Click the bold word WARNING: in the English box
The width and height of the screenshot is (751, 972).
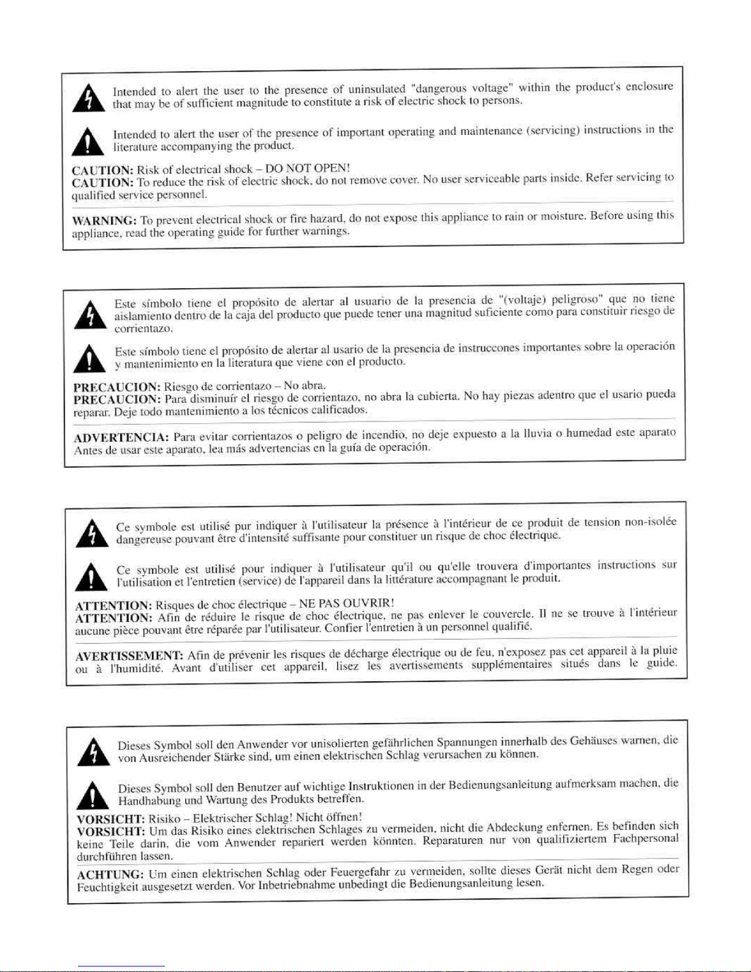[104, 221]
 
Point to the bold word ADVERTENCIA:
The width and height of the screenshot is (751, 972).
[121, 437]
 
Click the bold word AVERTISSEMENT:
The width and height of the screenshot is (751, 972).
[129, 656]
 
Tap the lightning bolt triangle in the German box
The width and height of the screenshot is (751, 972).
[94, 752]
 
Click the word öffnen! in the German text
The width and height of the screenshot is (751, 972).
[343, 817]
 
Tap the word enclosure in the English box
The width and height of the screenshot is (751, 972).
[649, 86]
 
